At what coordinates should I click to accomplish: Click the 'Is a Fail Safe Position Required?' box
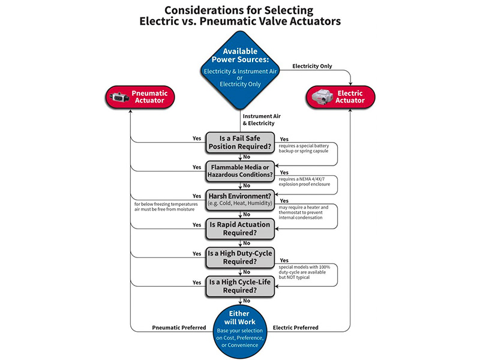point(240,142)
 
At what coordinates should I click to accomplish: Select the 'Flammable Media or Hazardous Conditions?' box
point(240,170)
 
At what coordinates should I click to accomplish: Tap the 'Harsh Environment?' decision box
point(240,199)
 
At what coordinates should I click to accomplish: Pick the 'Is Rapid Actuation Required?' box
point(240,228)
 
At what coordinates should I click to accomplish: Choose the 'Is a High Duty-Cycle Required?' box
point(240,257)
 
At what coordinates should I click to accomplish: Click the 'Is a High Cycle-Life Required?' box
point(240,285)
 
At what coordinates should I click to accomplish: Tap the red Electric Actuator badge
point(340,97)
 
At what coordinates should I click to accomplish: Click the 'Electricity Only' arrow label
point(311,65)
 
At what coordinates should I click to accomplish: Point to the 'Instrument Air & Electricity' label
point(263,119)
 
